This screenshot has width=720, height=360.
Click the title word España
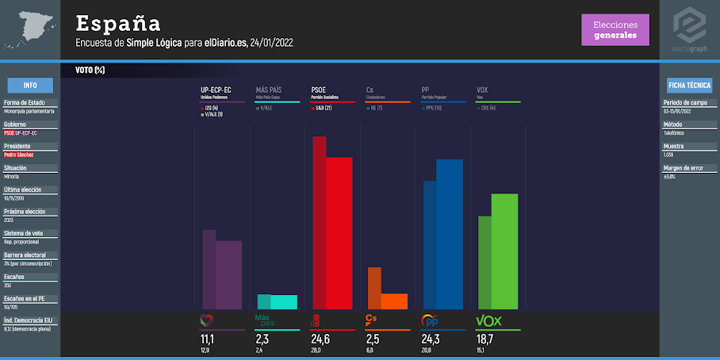[118, 23]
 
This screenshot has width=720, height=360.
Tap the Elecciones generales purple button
[615, 30]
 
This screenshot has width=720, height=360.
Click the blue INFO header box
[30, 86]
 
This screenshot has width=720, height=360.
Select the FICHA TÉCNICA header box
[689, 86]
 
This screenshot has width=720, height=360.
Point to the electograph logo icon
[689, 25]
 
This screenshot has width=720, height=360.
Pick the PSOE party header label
[319, 90]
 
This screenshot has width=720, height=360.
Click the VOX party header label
[482, 90]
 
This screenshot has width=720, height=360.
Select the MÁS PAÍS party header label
[269, 90]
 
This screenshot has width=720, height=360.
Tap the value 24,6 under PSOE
[320, 339]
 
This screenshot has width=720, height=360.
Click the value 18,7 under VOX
[484, 339]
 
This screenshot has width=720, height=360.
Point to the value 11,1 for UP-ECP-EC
[208, 339]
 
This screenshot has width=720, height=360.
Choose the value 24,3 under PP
[431, 339]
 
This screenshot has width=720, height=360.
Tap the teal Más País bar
[284, 301]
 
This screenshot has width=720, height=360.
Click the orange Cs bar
[394, 301]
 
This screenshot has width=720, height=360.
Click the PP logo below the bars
[430, 320]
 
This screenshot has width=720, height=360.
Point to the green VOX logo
[489, 320]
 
